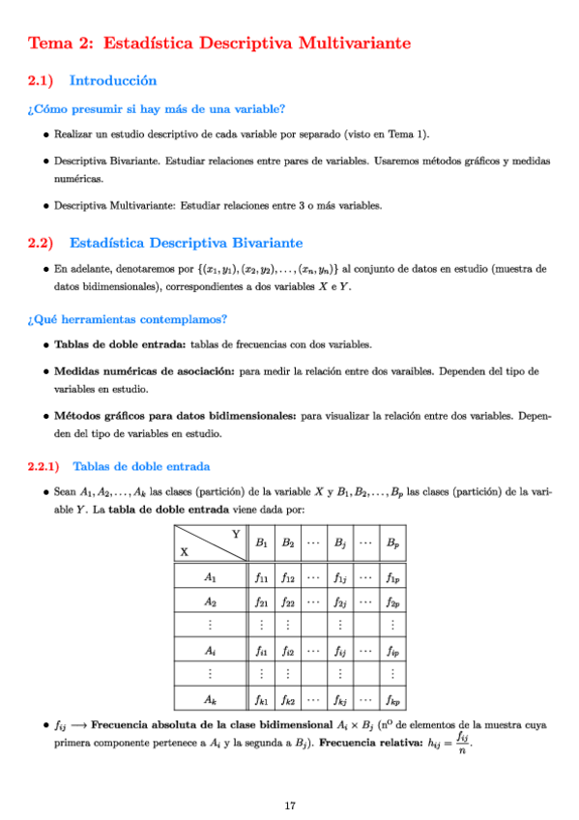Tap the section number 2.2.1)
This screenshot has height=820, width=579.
click(x=44, y=466)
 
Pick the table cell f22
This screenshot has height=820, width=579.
click(x=287, y=601)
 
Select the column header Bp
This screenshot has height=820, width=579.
click(x=391, y=543)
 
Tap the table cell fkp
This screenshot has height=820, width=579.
click(x=391, y=698)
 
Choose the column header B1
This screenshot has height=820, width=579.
click(x=260, y=543)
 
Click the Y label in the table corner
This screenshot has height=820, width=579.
click(x=236, y=535)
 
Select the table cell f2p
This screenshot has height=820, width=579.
click(x=391, y=601)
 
